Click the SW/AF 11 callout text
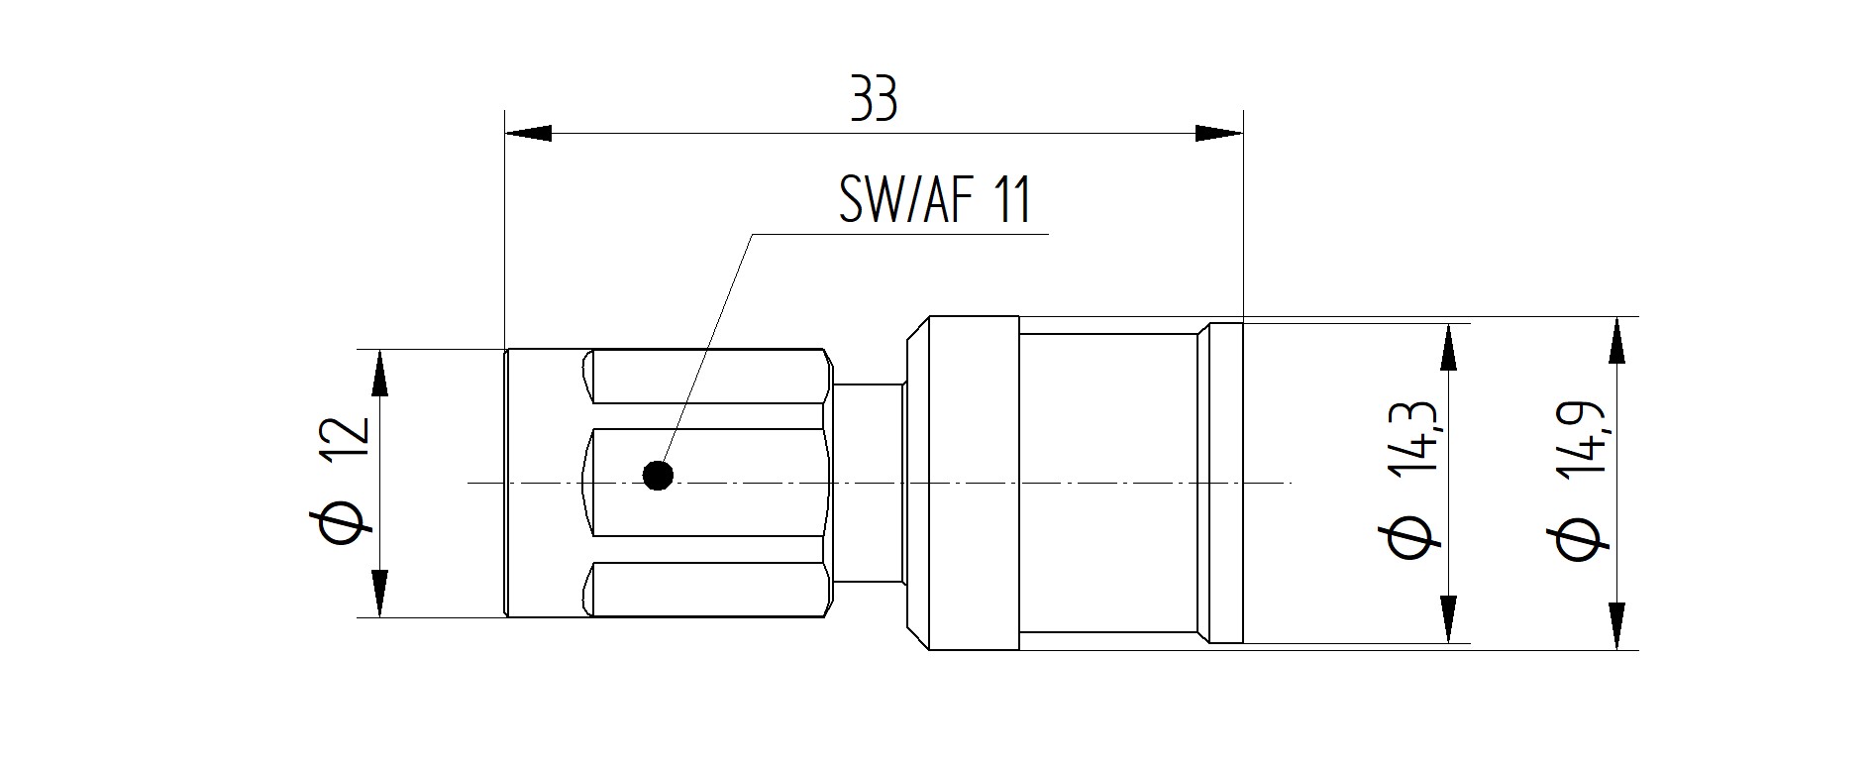935,199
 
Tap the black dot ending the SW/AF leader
658,476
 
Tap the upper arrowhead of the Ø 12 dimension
379,373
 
